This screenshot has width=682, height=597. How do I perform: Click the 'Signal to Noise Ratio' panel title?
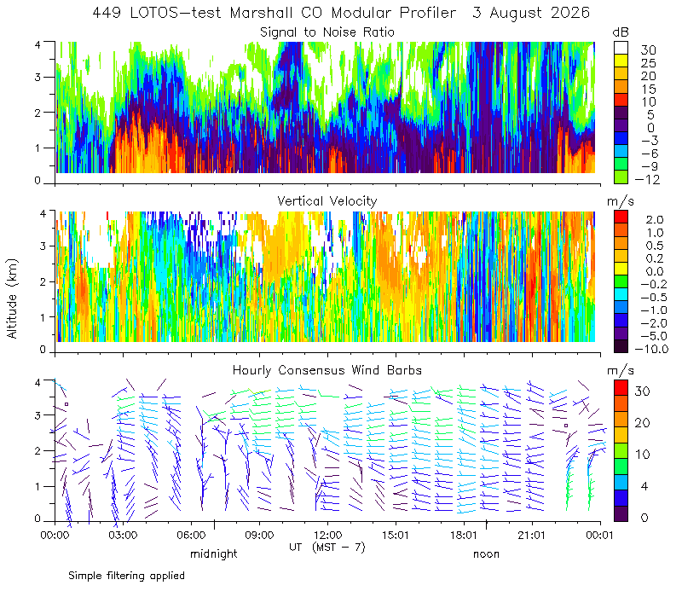327,32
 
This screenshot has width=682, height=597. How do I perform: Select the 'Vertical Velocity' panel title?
327,201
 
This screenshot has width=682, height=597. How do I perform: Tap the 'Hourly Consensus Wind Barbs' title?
327,370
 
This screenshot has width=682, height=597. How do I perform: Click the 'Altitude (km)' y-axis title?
12,298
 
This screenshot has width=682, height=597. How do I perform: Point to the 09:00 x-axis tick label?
259,535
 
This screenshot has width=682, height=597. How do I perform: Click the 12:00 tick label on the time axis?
327,535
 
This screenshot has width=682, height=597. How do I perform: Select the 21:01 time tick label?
532,535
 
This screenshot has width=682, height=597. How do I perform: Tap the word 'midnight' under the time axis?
214,554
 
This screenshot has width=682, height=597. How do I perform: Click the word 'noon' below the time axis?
486,554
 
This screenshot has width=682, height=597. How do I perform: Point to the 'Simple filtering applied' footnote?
126,576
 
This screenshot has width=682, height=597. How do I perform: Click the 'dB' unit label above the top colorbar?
621,32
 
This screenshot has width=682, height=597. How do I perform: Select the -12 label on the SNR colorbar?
648,179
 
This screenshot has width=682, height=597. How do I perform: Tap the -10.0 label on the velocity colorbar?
651,349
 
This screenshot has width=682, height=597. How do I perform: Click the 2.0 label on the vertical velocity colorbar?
655,220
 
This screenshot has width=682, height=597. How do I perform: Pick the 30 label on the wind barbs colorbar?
643,391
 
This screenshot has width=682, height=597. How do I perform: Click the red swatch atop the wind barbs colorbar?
621,387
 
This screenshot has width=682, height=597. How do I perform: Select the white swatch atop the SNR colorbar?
621,48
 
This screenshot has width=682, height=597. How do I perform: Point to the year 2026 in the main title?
569,13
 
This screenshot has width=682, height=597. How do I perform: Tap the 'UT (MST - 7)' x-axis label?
327,547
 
